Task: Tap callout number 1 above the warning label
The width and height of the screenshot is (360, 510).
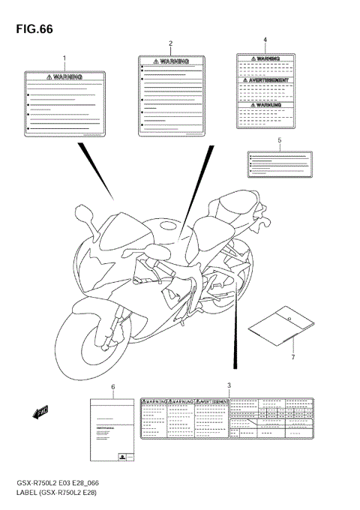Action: [64, 58]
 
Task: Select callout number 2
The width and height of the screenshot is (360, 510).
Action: [170, 43]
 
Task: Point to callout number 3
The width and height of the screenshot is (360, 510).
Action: [229, 385]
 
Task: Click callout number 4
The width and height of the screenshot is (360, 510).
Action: [265, 39]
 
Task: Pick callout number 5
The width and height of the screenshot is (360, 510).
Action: [279, 140]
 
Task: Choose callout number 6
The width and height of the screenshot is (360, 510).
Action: [112, 387]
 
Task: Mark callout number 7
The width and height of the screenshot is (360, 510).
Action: [293, 357]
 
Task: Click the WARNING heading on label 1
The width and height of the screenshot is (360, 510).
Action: [64, 76]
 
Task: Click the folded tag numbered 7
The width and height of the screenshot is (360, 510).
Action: [279, 325]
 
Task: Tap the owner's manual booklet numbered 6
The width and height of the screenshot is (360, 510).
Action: [112, 430]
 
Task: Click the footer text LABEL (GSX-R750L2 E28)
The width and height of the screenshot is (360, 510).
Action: [59, 492]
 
